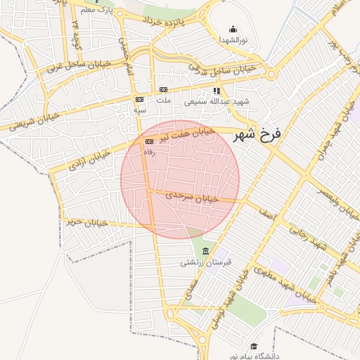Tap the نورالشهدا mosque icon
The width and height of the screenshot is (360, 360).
click(233, 30)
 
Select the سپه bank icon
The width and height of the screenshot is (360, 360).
click(140, 99)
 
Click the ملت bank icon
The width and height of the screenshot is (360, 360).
click(164, 89)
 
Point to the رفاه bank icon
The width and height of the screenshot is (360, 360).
click(148, 141)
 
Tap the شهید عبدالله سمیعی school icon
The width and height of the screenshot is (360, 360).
click(217, 90)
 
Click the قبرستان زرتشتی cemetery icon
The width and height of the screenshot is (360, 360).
click(205, 252)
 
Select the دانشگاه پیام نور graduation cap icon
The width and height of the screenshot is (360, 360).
click(253, 346)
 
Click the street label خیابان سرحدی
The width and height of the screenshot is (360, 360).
click(193, 198)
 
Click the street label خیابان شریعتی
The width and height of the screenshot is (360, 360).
click(31, 122)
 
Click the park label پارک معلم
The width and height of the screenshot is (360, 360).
click(97, 11)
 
